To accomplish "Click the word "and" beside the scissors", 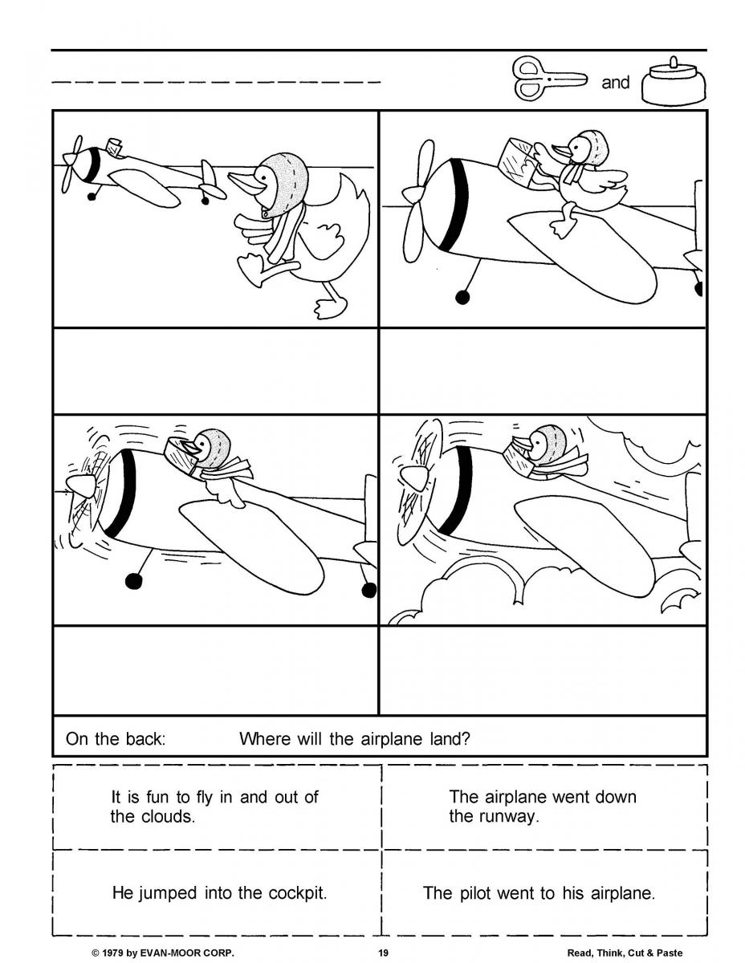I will pyautogui.click(x=616, y=83).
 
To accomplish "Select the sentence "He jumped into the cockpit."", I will pyautogui.click(x=219, y=893).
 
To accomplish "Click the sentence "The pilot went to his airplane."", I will pyautogui.click(x=539, y=893).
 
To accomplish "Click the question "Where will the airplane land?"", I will pyautogui.click(x=354, y=738).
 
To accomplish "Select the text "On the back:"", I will pyautogui.click(x=115, y=738).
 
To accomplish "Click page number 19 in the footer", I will pyautogui.click(x=383, y=953).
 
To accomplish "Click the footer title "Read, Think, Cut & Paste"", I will pyautogui.click(x=625, y=953).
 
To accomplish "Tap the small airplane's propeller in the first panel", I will pyautogui.click(x=73, y=163).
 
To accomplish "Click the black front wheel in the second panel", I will pyautogui.click(x=462, y=297).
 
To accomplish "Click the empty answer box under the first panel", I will pyautogui.click(x=215, y=370).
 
